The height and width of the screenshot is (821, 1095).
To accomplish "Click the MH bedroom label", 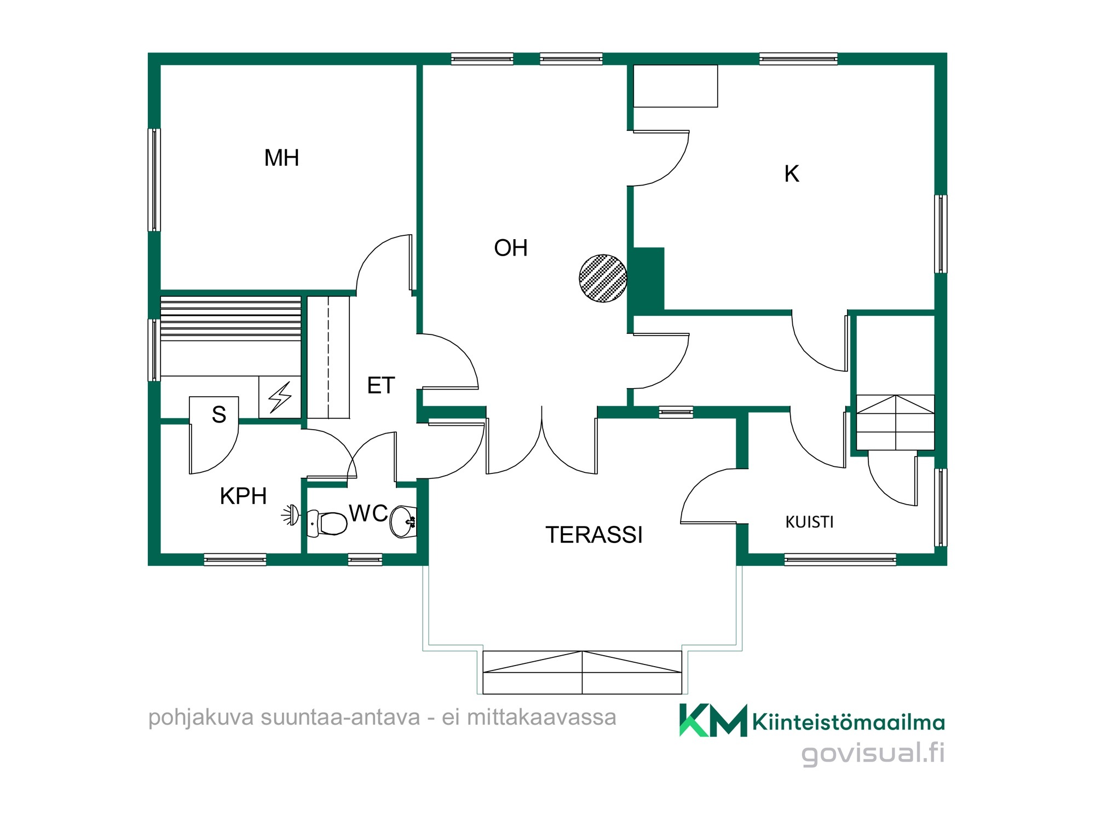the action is click(x=281, y=158).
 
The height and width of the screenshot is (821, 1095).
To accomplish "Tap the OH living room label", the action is click(x=510, y=248).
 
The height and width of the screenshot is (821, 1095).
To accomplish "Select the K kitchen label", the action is click(x=792, y=174).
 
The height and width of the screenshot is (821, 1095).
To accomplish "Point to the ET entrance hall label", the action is click(x=381, y=385).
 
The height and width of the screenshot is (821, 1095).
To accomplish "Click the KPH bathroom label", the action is click(x=243, y=496).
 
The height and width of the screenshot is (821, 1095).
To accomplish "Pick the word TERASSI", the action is click(x=594, y=535).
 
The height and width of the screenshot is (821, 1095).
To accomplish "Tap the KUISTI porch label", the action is click(x=809, y=522).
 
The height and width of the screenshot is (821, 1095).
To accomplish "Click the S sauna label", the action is click(x=219, y=414).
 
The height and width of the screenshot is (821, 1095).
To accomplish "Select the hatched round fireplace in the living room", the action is click(x=603, y=278).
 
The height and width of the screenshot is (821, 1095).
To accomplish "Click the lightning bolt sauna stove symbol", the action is click(x=280, y=397).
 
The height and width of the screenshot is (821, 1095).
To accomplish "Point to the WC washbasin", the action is click(x=404, y=522).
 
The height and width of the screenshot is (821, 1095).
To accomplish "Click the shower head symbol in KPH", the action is click(x=291, y=514).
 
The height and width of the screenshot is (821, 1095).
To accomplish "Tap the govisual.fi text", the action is click(x=873, y=754).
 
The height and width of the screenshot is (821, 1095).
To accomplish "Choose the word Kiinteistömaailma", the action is click(x=849, y=722).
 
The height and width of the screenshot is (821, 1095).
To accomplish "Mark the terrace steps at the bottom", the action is click(x=582, y=672).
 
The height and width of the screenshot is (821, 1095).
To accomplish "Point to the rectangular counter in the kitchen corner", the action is click(x=675, y=86).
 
